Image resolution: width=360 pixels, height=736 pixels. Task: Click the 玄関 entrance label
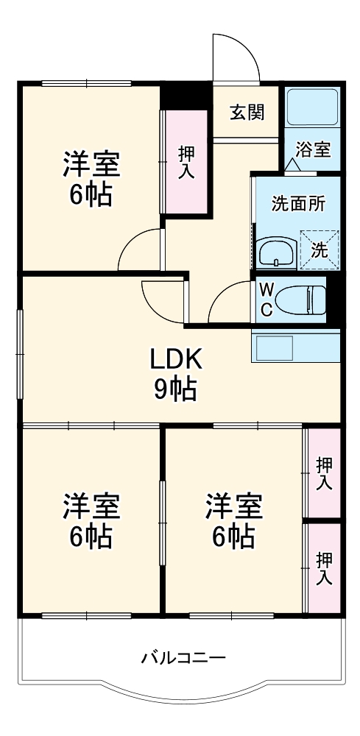point(246,112)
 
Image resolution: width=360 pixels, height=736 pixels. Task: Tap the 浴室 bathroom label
point(313,149)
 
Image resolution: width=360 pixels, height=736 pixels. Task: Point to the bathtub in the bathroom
point(311,107)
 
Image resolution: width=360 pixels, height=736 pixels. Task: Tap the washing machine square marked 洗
point(320,249)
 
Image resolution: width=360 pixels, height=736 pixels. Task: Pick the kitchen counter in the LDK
point(295,347)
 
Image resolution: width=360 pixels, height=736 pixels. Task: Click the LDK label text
point(175,360)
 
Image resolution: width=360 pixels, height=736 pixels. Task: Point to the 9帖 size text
point(175,389)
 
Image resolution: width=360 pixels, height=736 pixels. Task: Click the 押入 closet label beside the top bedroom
point(186,161)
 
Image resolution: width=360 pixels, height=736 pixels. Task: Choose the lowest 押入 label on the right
point(324,567)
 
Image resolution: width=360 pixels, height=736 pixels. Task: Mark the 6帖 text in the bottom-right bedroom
point(234,537)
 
